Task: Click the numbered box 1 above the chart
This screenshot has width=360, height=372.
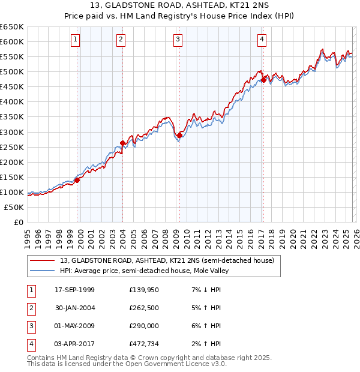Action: [76, 40]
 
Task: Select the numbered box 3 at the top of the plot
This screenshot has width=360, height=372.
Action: [178, 40]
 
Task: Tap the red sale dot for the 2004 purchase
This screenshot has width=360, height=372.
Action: [123, 143]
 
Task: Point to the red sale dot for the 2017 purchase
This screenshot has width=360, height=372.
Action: [263, 80]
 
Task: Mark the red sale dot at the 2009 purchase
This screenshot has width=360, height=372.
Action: [179, 135]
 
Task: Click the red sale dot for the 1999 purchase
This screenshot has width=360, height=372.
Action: [77, 180]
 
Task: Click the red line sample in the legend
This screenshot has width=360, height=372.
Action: [42, 260]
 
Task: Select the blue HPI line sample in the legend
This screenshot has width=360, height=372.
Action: [42, 271]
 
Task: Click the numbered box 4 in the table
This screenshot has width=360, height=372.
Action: [30, 344]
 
